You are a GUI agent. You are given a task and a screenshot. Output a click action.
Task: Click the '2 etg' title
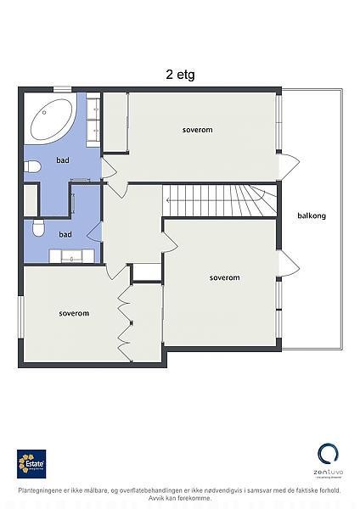[x=180, y=74]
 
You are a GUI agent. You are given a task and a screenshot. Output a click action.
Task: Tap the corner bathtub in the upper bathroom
[x=52, y=120]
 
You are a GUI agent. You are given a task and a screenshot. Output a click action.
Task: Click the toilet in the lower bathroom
[x=36, y=227]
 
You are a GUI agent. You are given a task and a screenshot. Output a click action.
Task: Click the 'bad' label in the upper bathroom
[x=63, y=159]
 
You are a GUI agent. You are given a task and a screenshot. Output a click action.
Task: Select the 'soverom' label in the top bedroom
[x=197, y=130]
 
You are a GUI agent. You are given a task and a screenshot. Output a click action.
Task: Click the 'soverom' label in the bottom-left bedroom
[x=74, y=313]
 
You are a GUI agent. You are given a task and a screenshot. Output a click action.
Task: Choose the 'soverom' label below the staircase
[x=224, y=277]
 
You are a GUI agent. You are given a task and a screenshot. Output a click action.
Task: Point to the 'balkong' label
[x=312, y=215]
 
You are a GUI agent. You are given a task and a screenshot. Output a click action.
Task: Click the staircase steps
[x=218, y=200]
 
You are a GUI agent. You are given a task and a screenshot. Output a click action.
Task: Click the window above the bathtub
[x=64, y=87]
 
